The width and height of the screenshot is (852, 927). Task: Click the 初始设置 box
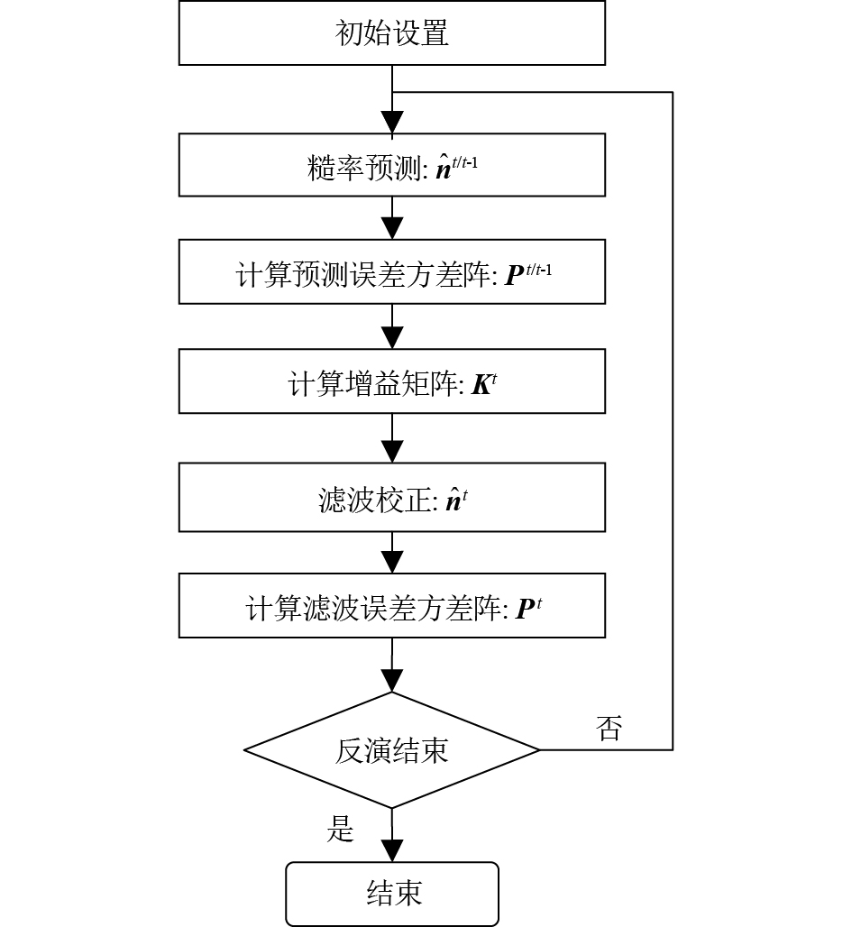pos(391,33)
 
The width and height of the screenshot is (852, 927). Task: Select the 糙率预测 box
pos(391,165)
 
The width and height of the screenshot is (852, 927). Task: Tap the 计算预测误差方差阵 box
pos(391,272)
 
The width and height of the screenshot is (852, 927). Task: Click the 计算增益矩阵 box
pos(391,382)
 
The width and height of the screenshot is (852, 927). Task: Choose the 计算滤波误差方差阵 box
pos(391,606)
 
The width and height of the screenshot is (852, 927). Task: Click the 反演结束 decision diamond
pos(391,750)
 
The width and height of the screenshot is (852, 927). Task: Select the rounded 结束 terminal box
pos(391,893)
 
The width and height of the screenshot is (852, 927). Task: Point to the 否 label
pos(609,729)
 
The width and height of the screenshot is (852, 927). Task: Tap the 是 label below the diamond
pos(340,829)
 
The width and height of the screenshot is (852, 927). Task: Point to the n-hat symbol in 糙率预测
pos(444,168)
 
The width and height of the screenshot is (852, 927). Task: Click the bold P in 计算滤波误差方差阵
pos(526,610)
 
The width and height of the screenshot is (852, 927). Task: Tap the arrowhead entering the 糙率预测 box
pos(392,123)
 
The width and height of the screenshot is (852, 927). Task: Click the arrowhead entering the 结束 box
pos(392,850)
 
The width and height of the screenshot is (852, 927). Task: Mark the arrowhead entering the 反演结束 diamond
pos(392,680)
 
